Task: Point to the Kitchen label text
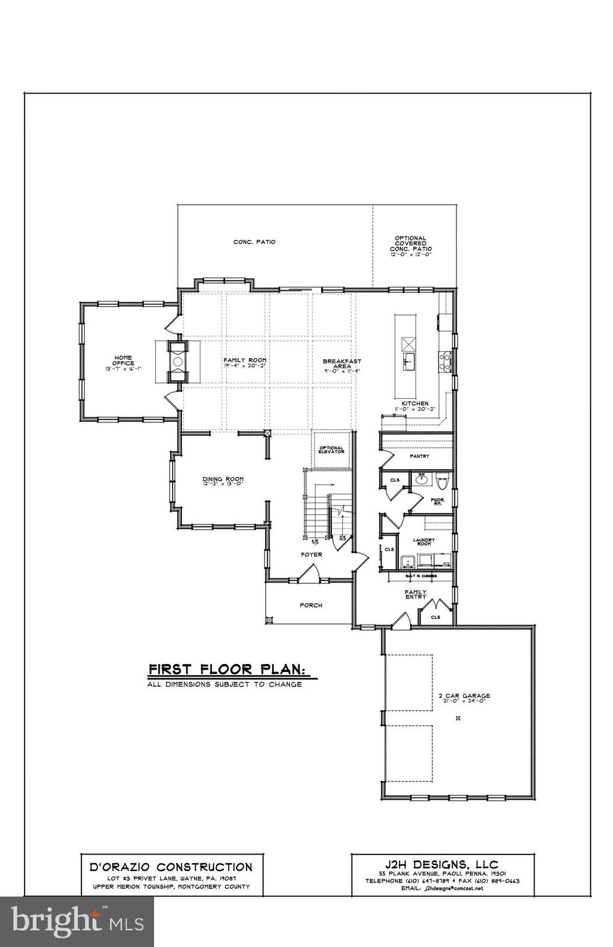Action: pyautogui.click(x=414, y=403)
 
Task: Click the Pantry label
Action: pyautogui.click(x=419, y=456)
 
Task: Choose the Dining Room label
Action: pyautogui.click(x=223, y=479)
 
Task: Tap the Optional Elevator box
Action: pyautogui.click(x=331, y=450)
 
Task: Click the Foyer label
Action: pyautogui.click(x=311, y=554)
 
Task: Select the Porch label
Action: pyautogui.click(x=311, y=605)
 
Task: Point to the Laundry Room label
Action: pyautogui.click(x=424, y=542)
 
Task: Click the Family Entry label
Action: pyautogui.click(x=416, y=594)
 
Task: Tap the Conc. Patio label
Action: pyautogui.click(x=254, y=242)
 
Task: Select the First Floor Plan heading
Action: pyautogui.click(x=227, y=669)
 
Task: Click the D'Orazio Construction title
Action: pyautogui.click(x=171, y=867)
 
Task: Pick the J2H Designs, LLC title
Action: pyautogui.click(x=441, y=864)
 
